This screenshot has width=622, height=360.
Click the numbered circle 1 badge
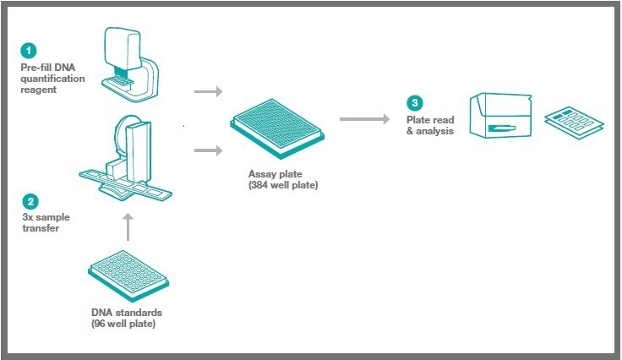coord(30,50)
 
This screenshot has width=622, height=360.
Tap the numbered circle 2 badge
coord(30,201)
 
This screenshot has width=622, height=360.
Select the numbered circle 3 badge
coord(414,103)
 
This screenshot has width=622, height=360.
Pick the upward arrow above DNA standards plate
coord(128,226)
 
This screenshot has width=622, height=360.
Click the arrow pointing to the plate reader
coord(363,119)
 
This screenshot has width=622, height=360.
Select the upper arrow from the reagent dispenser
coord(207,90)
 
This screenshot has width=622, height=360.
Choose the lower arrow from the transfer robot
coord(207,150)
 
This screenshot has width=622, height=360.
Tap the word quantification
coord(54,79)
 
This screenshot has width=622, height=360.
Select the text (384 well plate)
coord(280,185)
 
